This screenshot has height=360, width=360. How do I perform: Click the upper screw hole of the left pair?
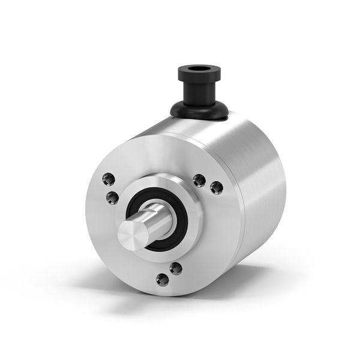point(109,178)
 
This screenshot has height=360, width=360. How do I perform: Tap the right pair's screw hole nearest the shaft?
point(199,180)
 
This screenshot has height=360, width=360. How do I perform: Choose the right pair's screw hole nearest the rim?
point(217,188)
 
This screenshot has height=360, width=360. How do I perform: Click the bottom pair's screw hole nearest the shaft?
point(175,268)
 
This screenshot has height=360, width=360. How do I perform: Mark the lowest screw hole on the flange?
point(162,278)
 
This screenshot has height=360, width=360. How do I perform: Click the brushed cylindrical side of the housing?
point(264,180)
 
